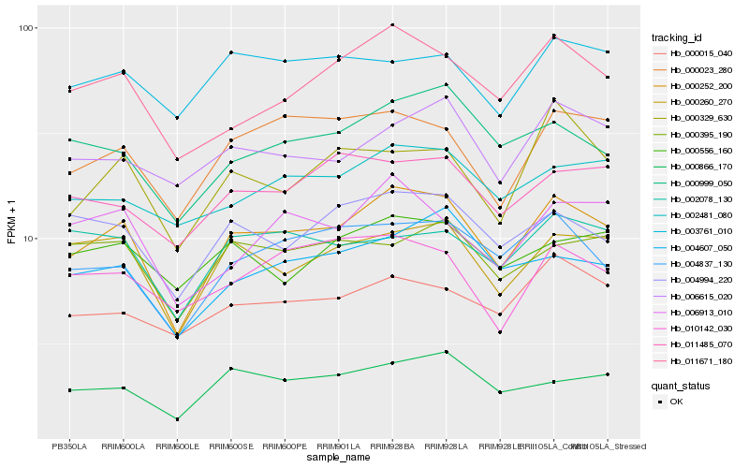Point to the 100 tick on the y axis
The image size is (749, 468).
pos(25,28)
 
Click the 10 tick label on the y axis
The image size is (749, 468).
pos(28,238)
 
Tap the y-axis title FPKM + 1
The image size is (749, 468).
pos(11,227)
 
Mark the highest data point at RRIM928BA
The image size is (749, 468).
pos(392,24)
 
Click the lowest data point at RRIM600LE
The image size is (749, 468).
pos(177,419)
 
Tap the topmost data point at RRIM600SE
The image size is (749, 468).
pos(230,52)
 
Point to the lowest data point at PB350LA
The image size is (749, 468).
pos(69,389)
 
